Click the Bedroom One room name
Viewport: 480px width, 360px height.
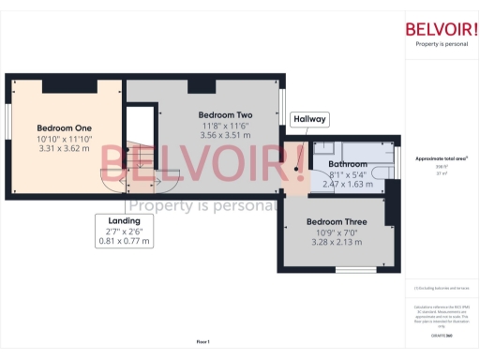click(64, 127)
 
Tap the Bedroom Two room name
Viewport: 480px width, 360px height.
click(224, 115)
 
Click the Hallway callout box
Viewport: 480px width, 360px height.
click(309, 120)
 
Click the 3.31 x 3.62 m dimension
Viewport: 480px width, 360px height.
click(64, 147)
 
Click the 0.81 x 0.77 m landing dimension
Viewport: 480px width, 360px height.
click(125, 241)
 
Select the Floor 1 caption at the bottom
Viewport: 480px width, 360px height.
click(202, 341)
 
